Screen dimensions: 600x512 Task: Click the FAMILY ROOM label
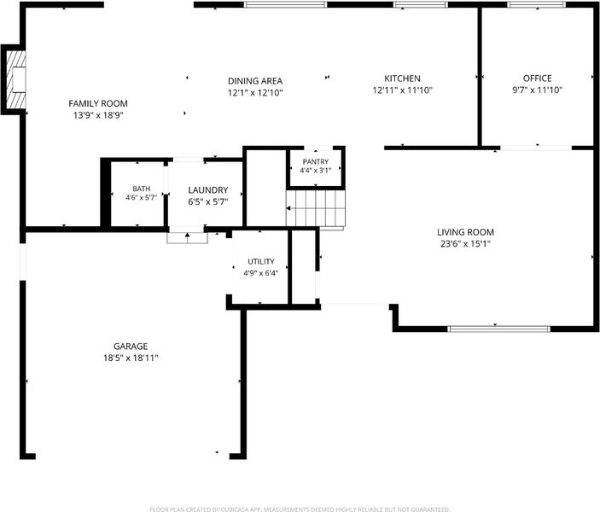click(x=98, y=103)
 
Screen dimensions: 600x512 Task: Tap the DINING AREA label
click(x=255, y=81)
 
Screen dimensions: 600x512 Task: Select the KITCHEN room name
click(x=402, y=79)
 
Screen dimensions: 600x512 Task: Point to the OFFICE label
click(x=537, y=79)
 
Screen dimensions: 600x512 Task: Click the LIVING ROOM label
click(x=465, y=232)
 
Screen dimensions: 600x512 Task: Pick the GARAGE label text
click(x=131, y=346)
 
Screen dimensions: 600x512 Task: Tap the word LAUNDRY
click(x=207, y=190)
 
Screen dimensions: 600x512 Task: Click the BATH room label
click(x=141, y=189)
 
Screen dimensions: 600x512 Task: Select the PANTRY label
click(x=315, y=162)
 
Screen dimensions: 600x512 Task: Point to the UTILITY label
click(x=261, y=261)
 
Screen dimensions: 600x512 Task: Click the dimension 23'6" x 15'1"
click(x=465, y=244)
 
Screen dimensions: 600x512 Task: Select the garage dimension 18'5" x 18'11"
click(x=131, y=358)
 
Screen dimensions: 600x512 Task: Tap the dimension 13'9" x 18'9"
click(x=98, y=115)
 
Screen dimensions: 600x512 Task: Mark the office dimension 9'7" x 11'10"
click(x=537, y=90)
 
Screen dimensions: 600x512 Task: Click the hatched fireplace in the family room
click(x=16, y=79)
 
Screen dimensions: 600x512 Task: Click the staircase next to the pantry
click(x=315, y=208)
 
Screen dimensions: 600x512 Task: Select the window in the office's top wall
click(x=537, y=4)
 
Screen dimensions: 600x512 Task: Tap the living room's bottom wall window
click(x=499, y=329)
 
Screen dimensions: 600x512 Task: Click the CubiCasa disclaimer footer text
click(x=300, y=509)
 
